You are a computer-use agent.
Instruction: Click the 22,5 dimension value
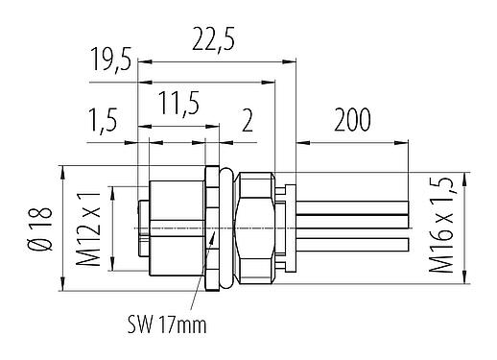click(216, 40)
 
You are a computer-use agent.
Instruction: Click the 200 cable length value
click(352, 121)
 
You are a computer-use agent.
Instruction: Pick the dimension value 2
click(248, 122)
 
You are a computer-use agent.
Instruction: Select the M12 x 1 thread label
click(90, 229)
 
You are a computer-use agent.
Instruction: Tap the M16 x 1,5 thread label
click(442, 228)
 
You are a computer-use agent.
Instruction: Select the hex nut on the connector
click(256, 228)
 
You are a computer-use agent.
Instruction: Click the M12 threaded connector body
click(177, 228)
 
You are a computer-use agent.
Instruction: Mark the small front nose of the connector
click(143, 228)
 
